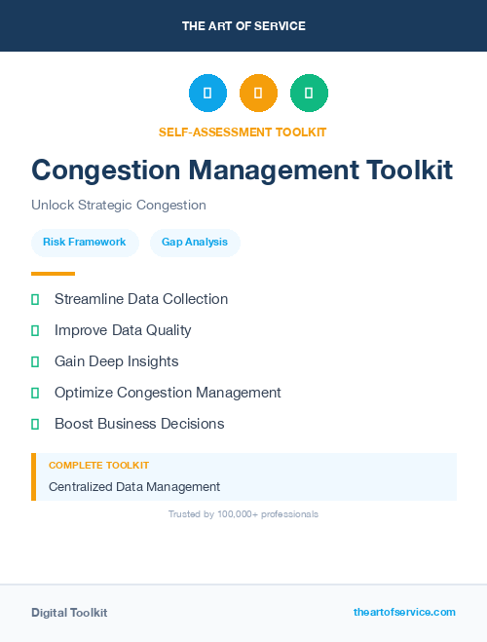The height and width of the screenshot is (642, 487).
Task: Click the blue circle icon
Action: click(207, 94)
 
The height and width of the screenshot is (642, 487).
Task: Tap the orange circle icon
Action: click(258, 94)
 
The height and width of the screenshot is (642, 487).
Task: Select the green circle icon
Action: click(309, 94)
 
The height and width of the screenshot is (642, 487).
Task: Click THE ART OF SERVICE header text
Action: click(243, 26)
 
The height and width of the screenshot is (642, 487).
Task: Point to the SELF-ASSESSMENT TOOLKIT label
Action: click(243, 132)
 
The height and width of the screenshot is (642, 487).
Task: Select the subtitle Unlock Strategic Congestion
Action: click(119, 206)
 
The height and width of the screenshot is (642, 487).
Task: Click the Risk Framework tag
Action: click(85, 242)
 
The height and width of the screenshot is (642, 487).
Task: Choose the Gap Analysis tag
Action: click(195, 242)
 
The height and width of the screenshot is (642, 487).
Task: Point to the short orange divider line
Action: click(53, 274)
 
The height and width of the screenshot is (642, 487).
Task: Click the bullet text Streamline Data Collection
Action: click(141, 299)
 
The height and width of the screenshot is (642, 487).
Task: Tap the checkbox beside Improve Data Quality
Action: click(35, 330)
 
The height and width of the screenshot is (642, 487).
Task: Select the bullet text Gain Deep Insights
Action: click(117, 361)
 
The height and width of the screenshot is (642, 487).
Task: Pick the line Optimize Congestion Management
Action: click(168, 393)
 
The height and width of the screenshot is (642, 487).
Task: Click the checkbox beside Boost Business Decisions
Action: click(35, 424)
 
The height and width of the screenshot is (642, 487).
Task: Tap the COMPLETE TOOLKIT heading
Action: click(98, 466)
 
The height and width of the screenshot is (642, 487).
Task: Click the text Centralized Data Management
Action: click(134, 486)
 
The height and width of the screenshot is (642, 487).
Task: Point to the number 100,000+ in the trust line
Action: click(244, 513)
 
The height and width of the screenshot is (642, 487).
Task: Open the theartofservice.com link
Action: click(404, 612)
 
